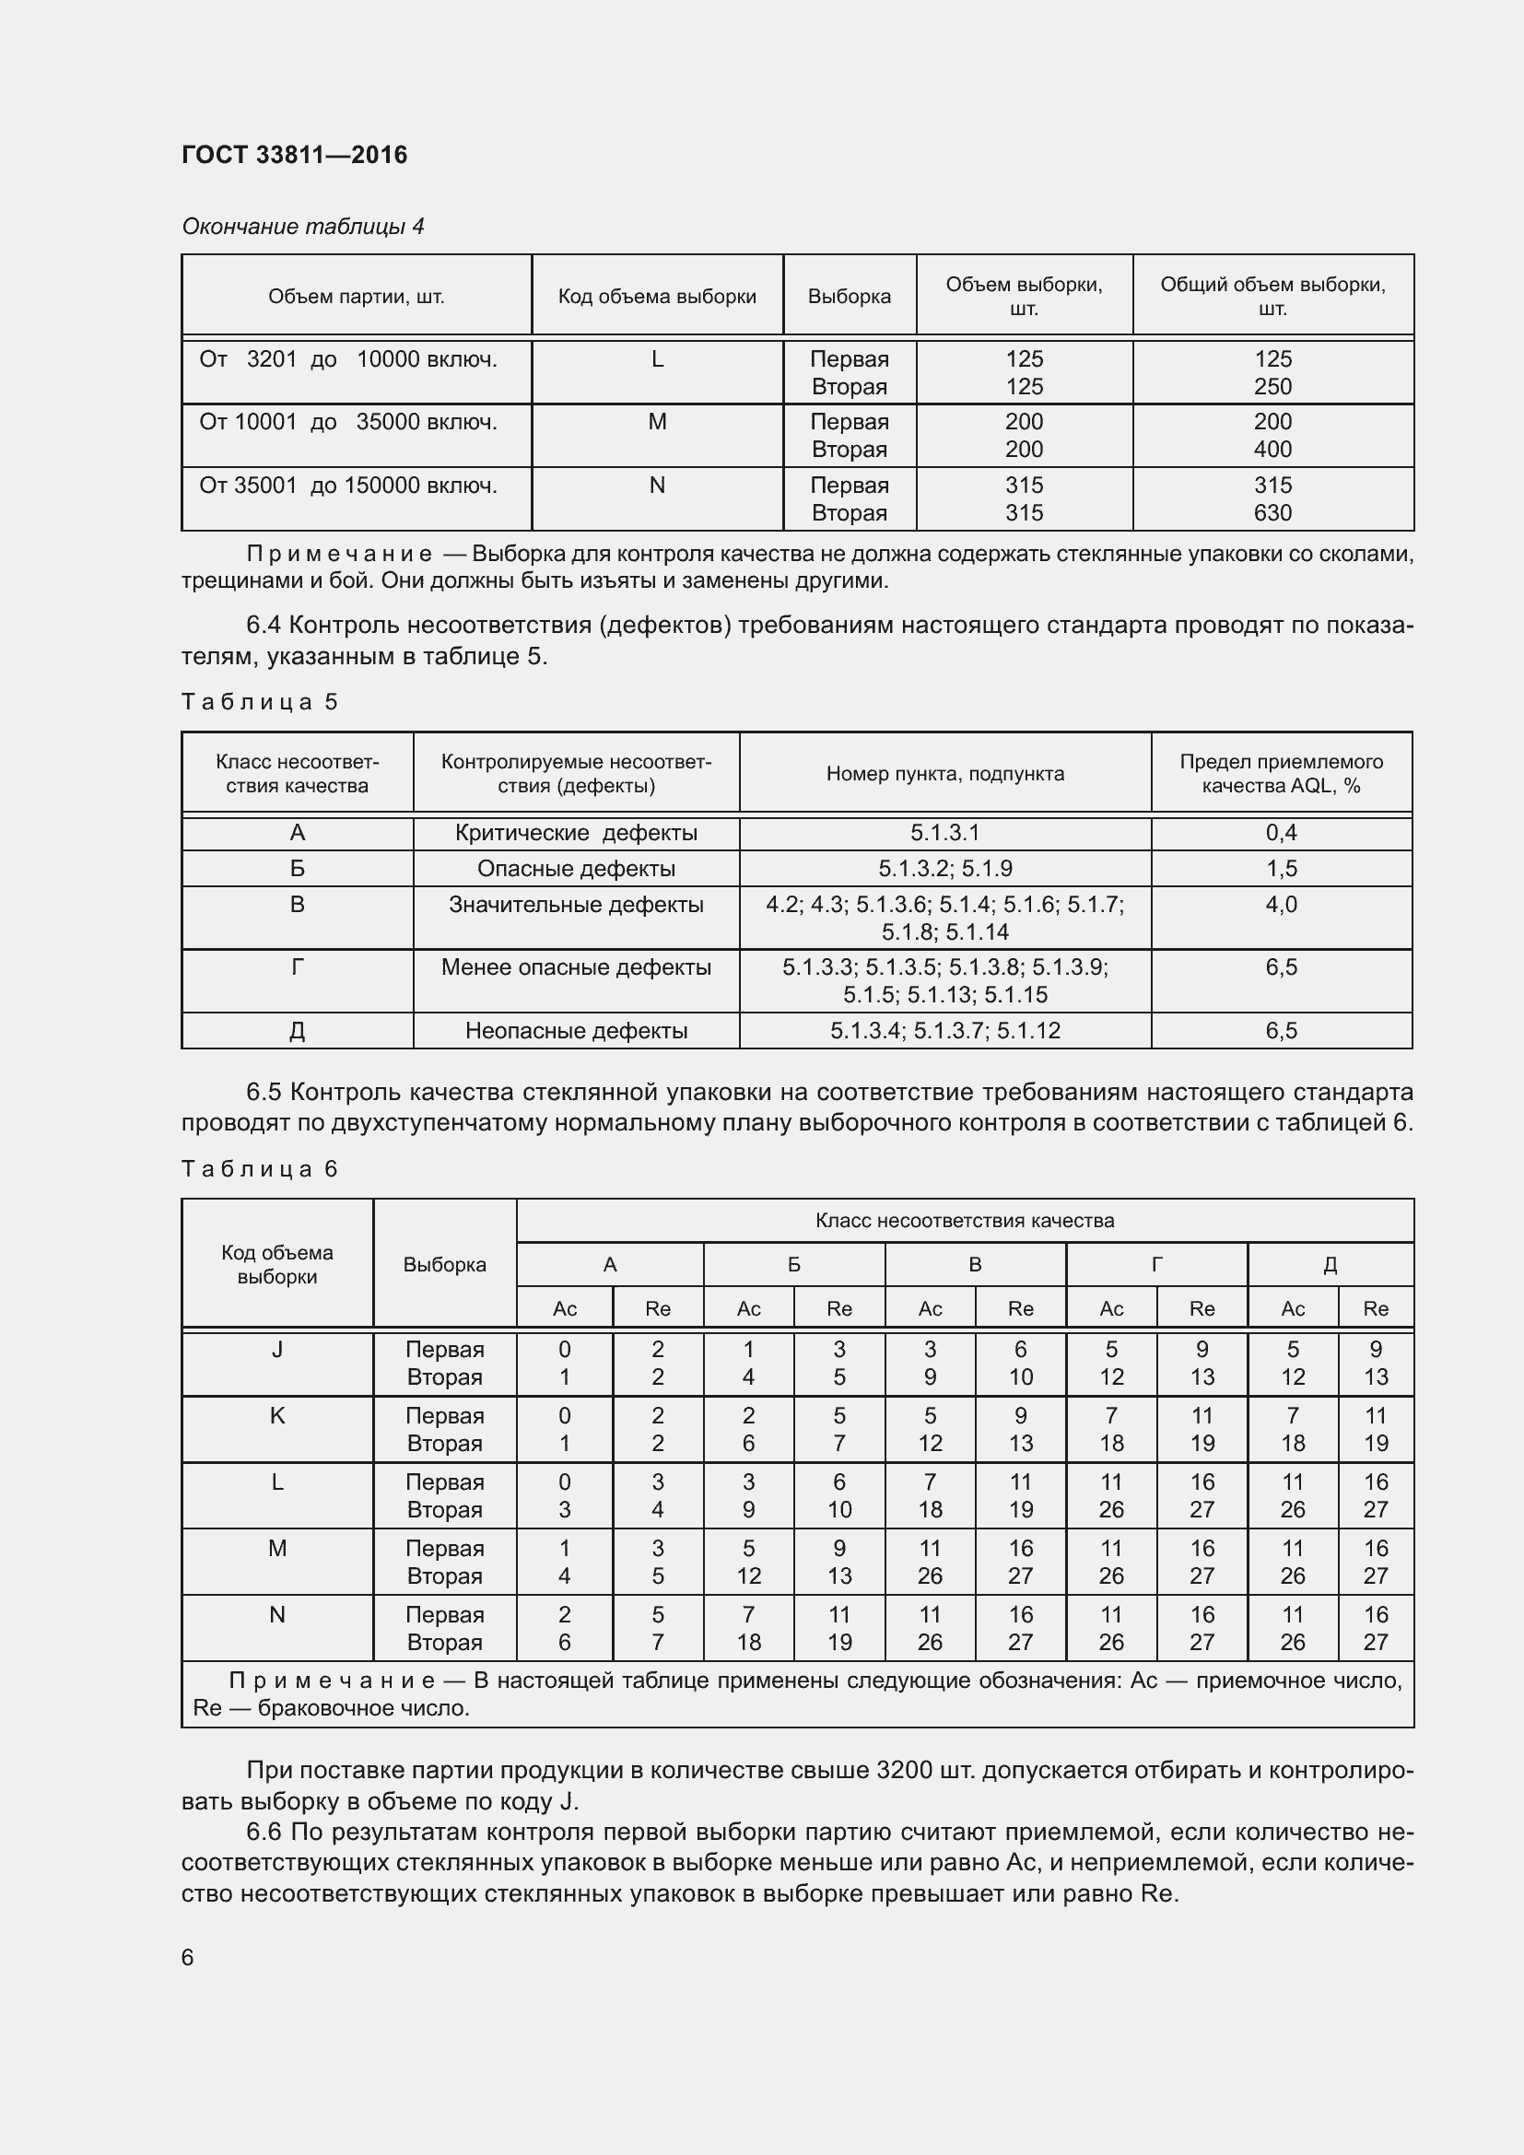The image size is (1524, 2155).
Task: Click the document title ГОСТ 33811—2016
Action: [294, 155]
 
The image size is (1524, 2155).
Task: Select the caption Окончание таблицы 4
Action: [302, 227]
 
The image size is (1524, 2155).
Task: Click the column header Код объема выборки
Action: [657, 297]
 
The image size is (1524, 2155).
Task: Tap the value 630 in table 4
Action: [1272, 513]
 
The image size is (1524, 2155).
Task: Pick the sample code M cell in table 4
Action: [657, 422]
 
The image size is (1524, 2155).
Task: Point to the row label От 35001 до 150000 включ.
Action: [348, 486]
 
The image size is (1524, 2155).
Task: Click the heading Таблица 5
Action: [259, 702]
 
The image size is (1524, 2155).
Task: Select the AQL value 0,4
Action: [1280, 833]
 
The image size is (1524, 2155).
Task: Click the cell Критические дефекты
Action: [575, 833]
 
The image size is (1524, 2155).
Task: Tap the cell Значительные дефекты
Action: [575, 905]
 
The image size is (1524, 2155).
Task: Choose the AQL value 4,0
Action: [1280, 905]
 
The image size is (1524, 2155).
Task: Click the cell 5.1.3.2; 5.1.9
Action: [944, 868]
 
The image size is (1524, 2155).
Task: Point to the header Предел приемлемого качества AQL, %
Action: [1280, 773]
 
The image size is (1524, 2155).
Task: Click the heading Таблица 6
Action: [259, 1168]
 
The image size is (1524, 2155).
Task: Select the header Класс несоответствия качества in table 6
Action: [964, 1220]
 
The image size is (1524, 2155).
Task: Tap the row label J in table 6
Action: [276, 1350]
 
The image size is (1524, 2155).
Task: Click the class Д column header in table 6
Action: [1329, 1264]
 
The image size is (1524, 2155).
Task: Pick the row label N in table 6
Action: [276, 1615]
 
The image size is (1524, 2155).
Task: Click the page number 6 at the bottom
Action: [188, 1957]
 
